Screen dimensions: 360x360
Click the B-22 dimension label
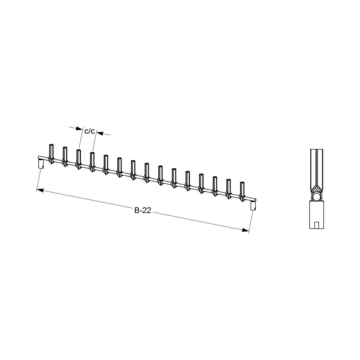[143, 210]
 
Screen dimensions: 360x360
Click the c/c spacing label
[90, 131]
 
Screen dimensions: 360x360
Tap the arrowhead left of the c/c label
[79, 129]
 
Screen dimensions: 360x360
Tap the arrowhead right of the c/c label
[100, 133]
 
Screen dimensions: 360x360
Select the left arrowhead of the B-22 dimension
[40, 190]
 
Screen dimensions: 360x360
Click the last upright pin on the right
[242, 192]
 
